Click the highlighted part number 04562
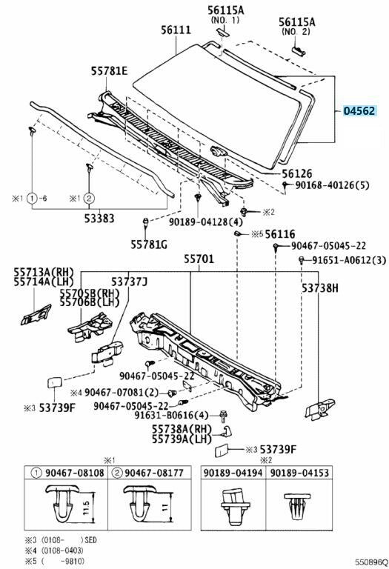click(x=359, y=110)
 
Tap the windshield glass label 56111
click(x=176, y=30)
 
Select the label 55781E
click(x=109, y=71)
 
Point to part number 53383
click(x=99, y=218)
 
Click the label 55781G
click(x=149, y=244)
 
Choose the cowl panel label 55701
click(x=199, y=259)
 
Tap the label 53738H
click(x=320, y=288)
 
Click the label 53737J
click(x=129, y=282)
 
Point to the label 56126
click(x=297, y=173)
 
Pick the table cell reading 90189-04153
click(x=300, y=473)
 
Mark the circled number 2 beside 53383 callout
click(x=89, y=198)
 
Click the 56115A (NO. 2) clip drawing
click(x=299, y=51)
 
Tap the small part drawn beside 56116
click(x=238, y=233)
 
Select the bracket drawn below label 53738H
click(x=319, y=409)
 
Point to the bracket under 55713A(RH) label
click(x=36, y=315)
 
